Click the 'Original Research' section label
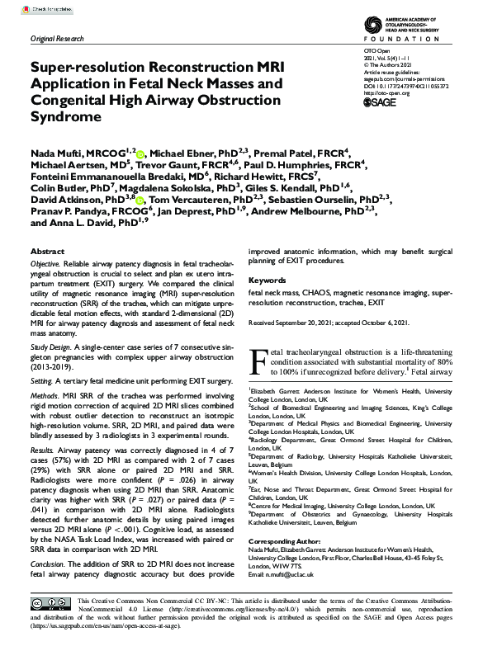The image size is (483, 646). (55, 40)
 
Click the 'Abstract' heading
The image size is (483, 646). (46, 252)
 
